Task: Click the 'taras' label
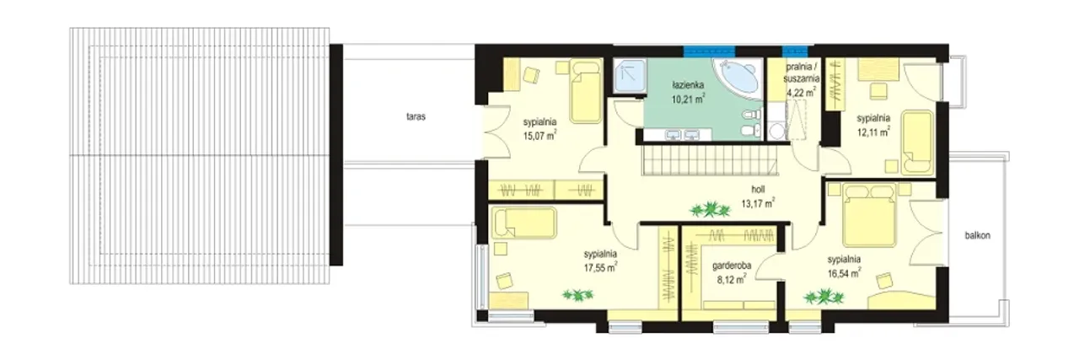coord(416,116)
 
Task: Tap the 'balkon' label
coord(977,236)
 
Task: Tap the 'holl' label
coord(758,190)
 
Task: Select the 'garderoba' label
coord(731,265)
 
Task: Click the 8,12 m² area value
coord(732,279)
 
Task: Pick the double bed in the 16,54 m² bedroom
coord(869,214)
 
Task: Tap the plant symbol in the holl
coord(710,210)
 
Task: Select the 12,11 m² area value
coord(872,132)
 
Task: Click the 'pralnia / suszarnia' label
coord(802,73)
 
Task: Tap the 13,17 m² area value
coord(758,203)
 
